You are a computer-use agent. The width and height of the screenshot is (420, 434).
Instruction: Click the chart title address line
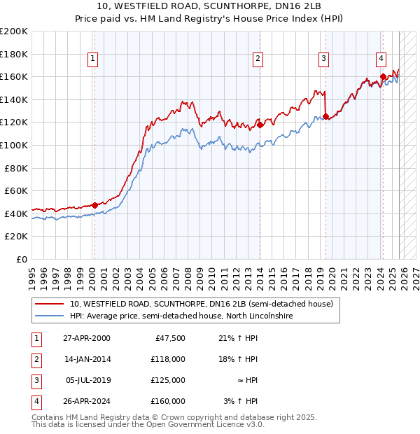(x=209, y=7)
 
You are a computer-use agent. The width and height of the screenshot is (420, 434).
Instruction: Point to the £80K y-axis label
(x=16, y=167)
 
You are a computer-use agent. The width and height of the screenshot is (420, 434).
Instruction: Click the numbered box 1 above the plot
(x=93, y=59)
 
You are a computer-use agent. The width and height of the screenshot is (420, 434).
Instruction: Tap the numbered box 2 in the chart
(x=258, y=59)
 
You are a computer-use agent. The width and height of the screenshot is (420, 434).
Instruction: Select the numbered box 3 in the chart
(x=324, y=59)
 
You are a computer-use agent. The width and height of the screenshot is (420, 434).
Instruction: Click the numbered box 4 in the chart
(x=381, y=59)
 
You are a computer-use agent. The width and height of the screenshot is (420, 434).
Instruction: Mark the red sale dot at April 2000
(x=94, y=205)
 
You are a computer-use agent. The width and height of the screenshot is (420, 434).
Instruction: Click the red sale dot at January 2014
(x=260, y=125)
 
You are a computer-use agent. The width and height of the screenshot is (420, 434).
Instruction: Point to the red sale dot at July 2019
(x=325, y=117)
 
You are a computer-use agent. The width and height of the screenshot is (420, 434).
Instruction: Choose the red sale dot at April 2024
(x=383, y=77)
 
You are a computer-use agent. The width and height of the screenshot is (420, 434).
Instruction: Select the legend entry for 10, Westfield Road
(x=204, y=304)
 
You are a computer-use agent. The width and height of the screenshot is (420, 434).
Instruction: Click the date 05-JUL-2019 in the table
(x=87, y=380)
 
